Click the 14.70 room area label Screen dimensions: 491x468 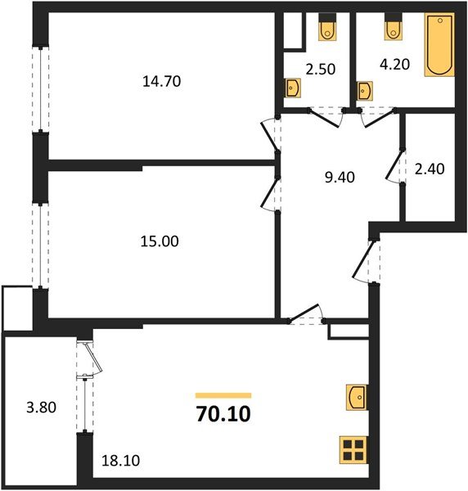pyautogui.click(x=160, y=81)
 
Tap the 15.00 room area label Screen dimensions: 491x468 pyautogui.click(x=160, y=241)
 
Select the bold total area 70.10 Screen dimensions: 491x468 pyautogui.click(x=223, y=415)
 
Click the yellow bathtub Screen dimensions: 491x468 pyautogui.click(x=439, y=46)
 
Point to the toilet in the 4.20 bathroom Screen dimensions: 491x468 pyautogui.click(x=391, y=28)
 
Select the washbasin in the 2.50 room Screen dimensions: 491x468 pyautogui.click(x=293, y=87)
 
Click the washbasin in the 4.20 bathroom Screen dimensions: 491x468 pyautogui.click(x=365, y=87)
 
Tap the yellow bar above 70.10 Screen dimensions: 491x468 pyautogui.click(x=223, y=395)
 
